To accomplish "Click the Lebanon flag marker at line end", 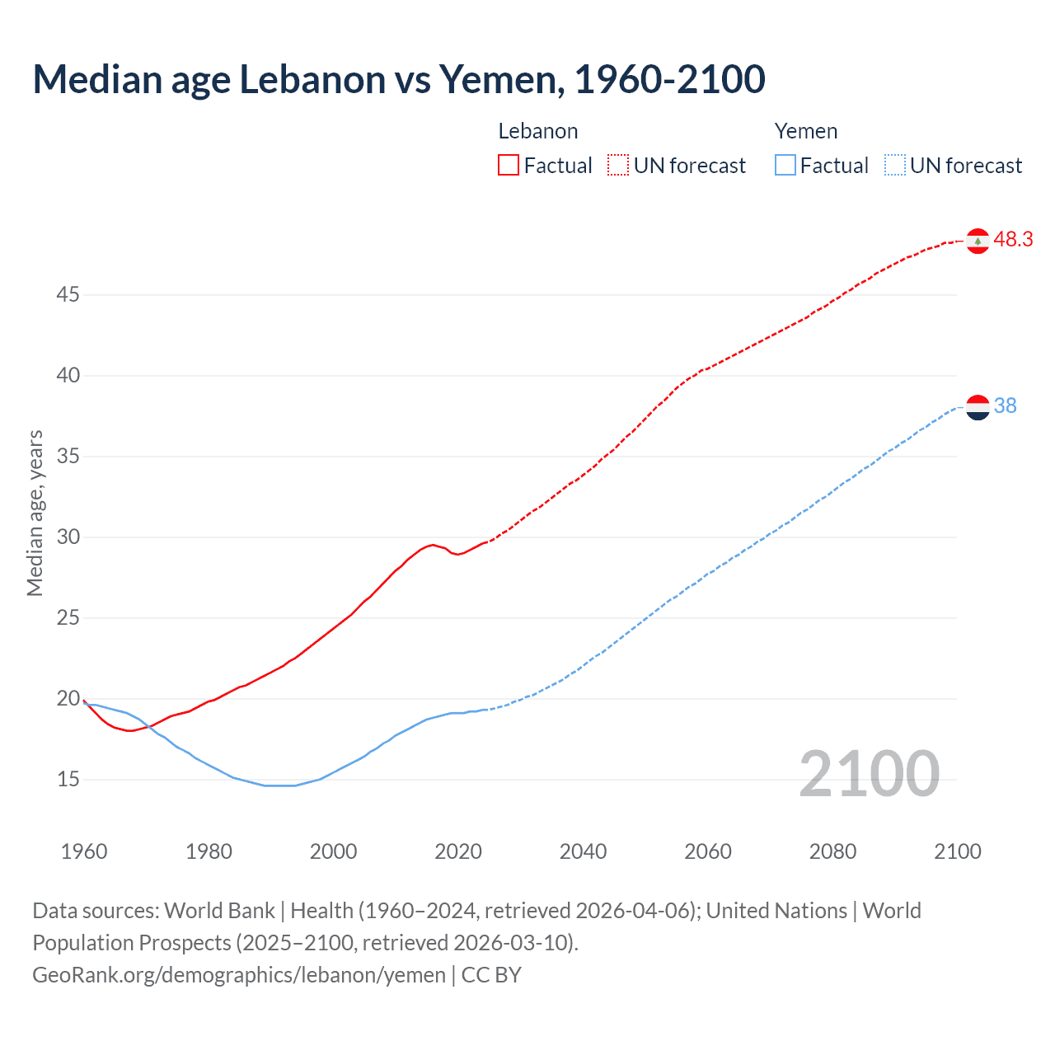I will [978, 241].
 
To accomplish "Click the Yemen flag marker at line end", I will [978, 407].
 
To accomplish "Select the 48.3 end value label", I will [1013, 240].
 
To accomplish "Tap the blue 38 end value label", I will [1006, 406].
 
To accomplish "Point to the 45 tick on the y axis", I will [68, 294].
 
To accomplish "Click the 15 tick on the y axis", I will [68, 779].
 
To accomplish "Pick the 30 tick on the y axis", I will [68, 537].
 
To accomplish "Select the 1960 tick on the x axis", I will [84, 851].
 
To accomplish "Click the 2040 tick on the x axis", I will [583, 851].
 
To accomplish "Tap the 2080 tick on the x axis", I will [832, 851].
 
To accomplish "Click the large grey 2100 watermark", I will [869, 774].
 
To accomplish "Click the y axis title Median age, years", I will [35, 513].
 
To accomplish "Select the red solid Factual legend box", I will [509, 166].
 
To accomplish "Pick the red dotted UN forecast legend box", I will [618, 166].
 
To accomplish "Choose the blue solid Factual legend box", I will [785, 166].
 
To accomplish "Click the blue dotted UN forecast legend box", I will [894, 166].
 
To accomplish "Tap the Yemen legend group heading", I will [805, 131].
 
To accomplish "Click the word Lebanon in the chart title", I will [312, 80].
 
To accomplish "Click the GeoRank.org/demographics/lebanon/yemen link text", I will [239, 975].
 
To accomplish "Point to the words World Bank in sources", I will [219, 911].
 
